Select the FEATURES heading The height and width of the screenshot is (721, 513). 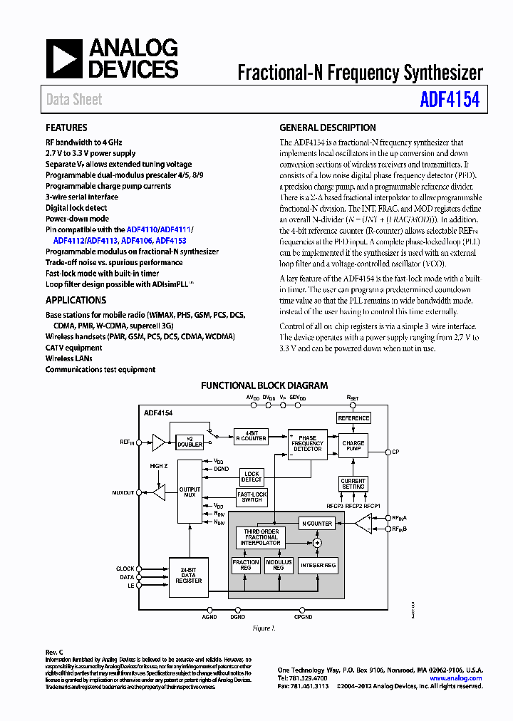coord(67,128)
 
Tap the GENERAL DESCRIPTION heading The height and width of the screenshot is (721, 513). coord(328,128)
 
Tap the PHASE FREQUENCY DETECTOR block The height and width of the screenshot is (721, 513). coord(306,443)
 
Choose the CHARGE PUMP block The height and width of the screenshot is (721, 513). coord(353,446)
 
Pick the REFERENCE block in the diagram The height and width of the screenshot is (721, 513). coord(353,418)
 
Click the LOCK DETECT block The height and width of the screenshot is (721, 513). coord(252,477)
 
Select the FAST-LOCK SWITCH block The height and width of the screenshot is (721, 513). coord(252,497)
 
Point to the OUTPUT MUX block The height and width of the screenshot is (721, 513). coord(190,491)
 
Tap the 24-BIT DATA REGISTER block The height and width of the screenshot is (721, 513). coord(189,575)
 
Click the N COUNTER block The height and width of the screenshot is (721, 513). coord(318,524)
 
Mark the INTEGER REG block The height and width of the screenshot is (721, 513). coord(318,565)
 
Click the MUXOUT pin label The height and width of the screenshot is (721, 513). coord(123,492)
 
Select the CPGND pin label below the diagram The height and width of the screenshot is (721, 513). coord(303,617)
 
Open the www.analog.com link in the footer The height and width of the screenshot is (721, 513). coord(457,678)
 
